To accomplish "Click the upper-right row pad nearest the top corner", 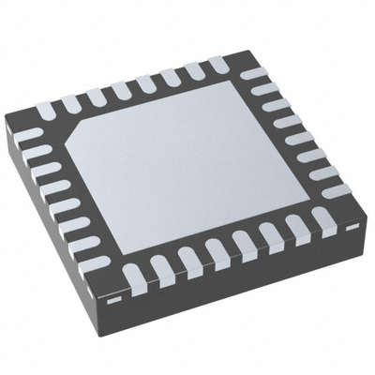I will click(x=251, y=73).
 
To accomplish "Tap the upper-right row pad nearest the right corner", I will click(x=336, y=192).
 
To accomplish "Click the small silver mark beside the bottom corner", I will click(x=113, y=301).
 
